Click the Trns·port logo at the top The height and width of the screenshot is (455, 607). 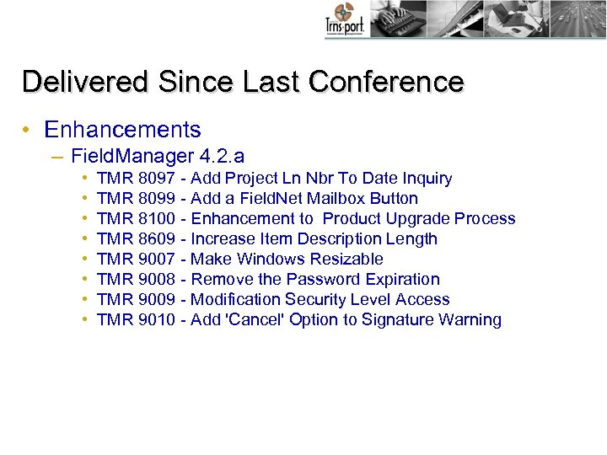coord(344,19)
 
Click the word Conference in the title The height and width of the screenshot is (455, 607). coord(386,82)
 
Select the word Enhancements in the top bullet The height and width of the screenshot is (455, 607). coord(122,130)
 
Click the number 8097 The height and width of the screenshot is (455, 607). coord(156,179)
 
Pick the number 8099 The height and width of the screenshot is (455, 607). coord(156,199)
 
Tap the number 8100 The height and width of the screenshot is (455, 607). coord(156,219)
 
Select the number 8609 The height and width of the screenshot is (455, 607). coord(156,239)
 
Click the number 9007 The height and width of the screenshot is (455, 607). coord(156,260)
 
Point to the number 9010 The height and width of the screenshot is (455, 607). coord(156,320)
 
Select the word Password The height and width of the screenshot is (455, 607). coord(323,280)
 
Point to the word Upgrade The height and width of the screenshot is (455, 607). coord(418,219)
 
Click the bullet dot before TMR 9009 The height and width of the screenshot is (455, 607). coord(87,300)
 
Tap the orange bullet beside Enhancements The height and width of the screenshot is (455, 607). coord(28,131)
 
